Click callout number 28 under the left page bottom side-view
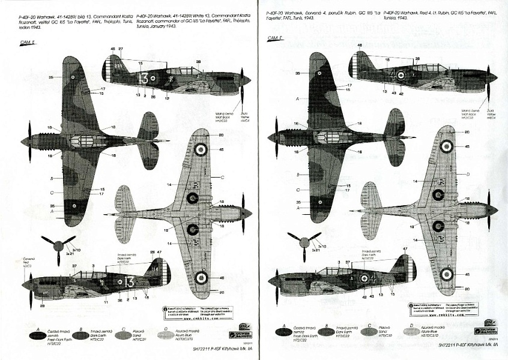point(43,305)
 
